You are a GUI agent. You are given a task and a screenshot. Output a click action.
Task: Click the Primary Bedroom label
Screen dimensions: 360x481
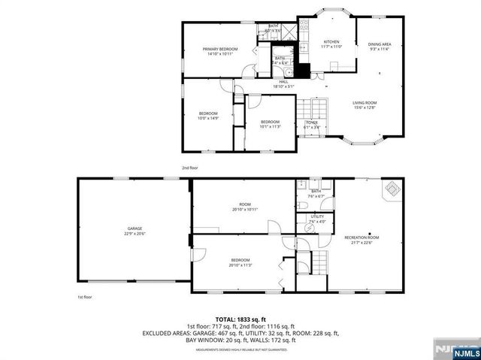pyautogui.click(x=219, y=50)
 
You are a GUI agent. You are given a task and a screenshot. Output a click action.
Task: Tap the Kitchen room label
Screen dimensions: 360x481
pyautogui.click(x=331, y=41)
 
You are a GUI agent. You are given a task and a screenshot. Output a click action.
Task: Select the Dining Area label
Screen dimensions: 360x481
pyautogui.click(x=380, y=44)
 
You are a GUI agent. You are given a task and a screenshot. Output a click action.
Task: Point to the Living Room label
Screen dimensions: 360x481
pyautogui.click(x=365, y=103)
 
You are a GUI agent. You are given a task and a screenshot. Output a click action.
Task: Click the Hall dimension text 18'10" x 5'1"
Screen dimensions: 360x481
pyautogui.click(x=284, y=86)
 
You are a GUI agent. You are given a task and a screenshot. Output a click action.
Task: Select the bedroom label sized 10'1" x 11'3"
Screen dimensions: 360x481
pyautogui.click(x=270, y=122)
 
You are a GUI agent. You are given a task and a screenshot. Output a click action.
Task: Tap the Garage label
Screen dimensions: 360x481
pyautogui.click(x=135, y=228)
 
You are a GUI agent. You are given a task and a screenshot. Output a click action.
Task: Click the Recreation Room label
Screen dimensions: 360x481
pyautogui.click(x=362, y=237)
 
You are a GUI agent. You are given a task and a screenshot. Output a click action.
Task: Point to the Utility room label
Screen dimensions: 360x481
pyautogui.click(x=317, y=216)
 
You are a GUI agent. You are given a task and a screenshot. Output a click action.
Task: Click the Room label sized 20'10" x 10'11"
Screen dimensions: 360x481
pyautogui.click(x=244, y=204)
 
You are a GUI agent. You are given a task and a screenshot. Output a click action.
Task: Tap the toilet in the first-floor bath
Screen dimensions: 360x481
pyautogui.click(x=301, y=204)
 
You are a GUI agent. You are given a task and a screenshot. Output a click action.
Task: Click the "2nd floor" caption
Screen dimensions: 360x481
pyautogui.click(x=189, y=168)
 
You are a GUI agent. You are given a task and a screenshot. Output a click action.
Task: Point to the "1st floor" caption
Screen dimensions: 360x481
pyautogui.click(x=84, y=297)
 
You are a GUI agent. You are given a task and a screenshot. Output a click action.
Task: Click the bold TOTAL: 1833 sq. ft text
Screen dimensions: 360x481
pyautogui.click(x=240, y=319)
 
